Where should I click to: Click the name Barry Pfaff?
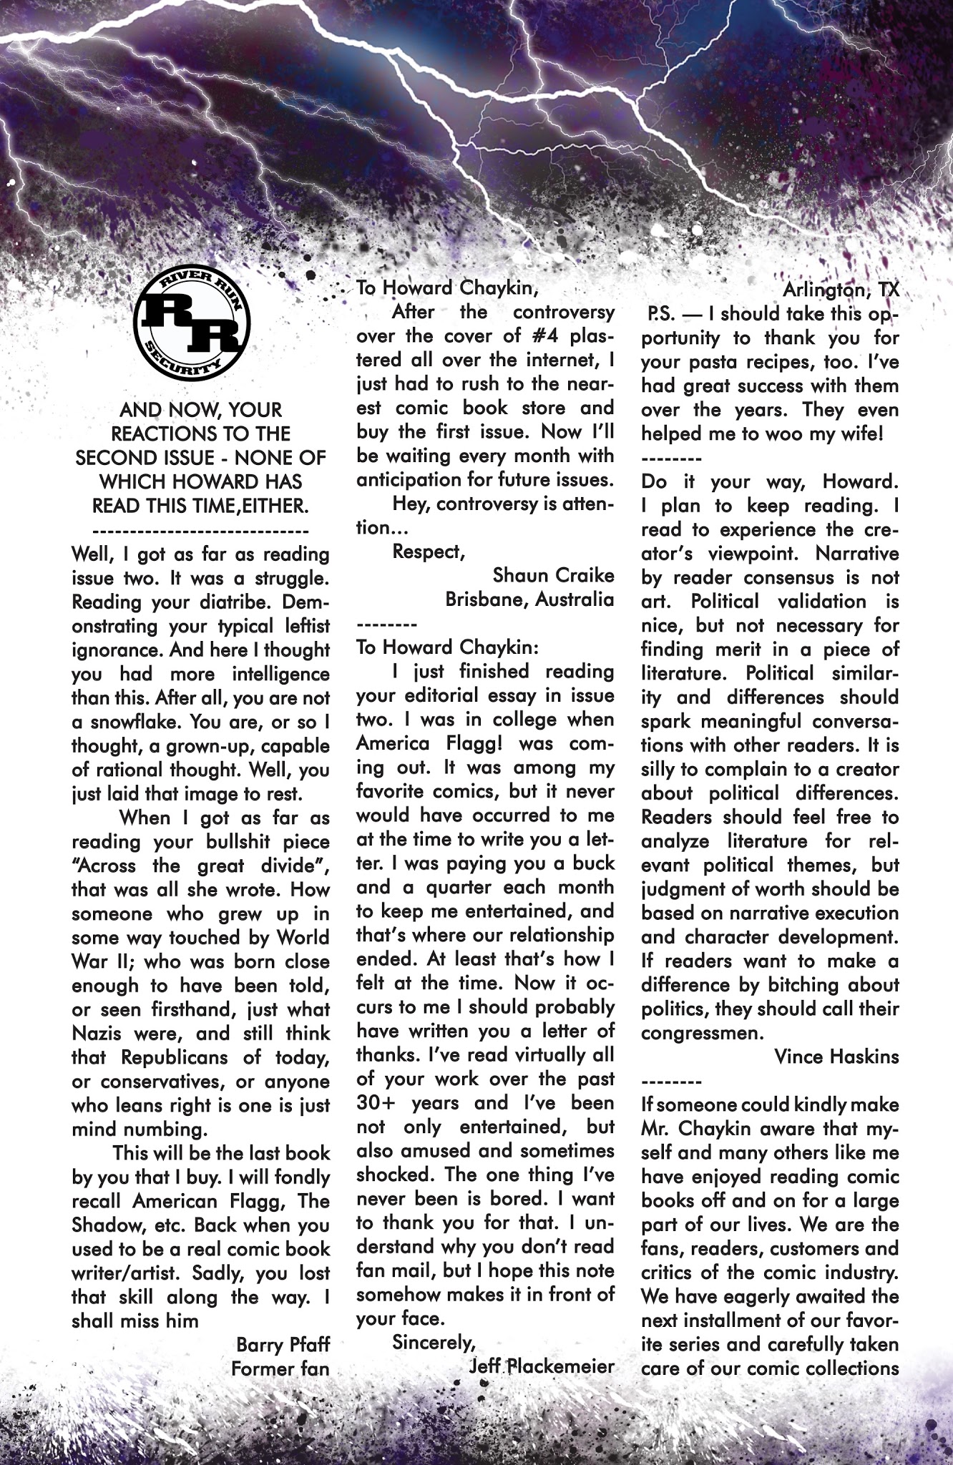point(283,1346)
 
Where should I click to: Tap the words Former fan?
point(280,1369)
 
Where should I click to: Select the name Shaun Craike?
point(553,575)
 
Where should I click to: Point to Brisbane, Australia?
point(529,599)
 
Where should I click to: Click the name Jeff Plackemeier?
point(542,1366)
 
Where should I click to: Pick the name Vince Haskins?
point(836,1057)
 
